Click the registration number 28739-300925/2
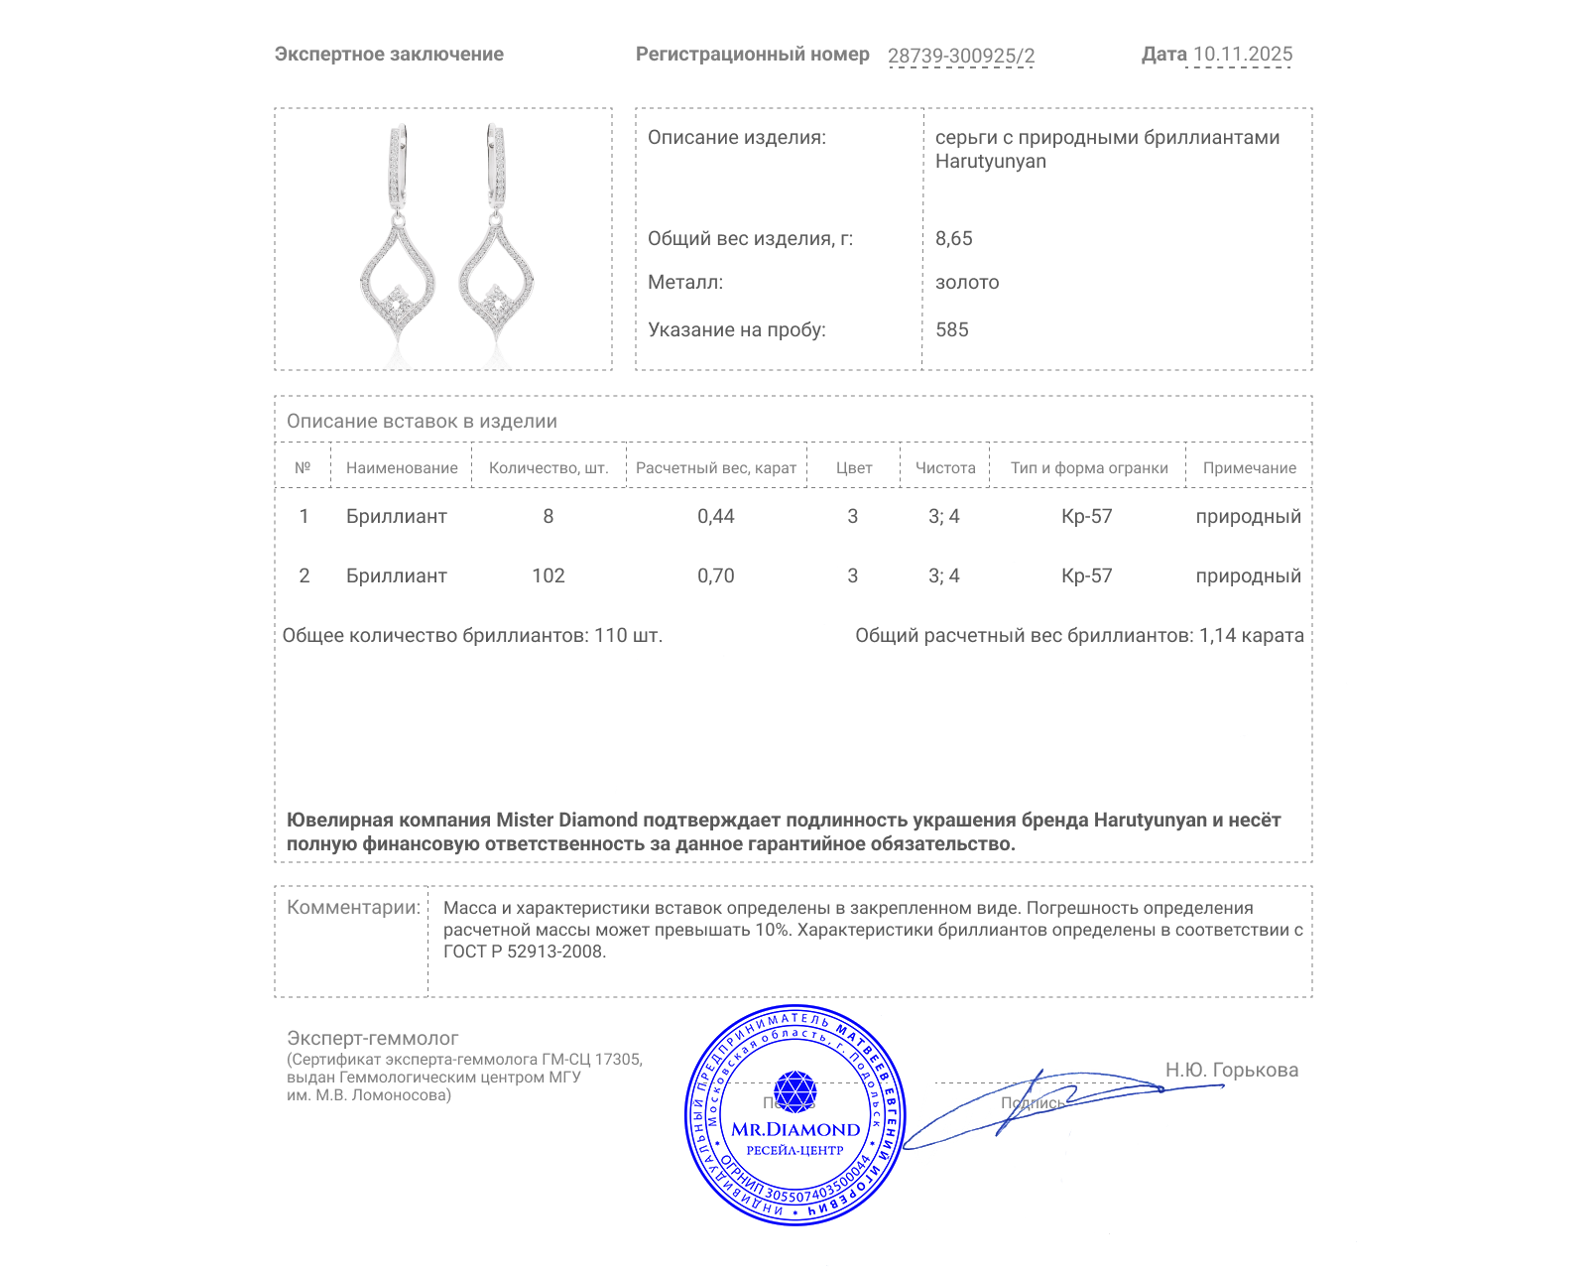(x=960, y=56)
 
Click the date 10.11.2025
(x=1242, y=55)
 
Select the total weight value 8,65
(x=953, y=238)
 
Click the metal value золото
(x=966, y=282)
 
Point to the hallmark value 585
(x=951, y=329)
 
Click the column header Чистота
(x=944, y=467)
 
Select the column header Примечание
(x=1249, y=467)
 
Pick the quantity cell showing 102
(x=548, y=575)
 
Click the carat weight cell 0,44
(x=715, y=516)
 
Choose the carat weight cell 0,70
(x=715, y=575)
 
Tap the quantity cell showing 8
(x=548, y=516)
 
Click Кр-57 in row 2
(x=1086, y=575)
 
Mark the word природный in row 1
(x=1248, y=516)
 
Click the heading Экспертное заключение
(x=389, y=55)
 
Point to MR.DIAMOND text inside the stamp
(x=794, y=1129)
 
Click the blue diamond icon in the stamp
(x=794, y=1091)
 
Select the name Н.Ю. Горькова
(x=1231, y=1070)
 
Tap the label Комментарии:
(x=353, y=907)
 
